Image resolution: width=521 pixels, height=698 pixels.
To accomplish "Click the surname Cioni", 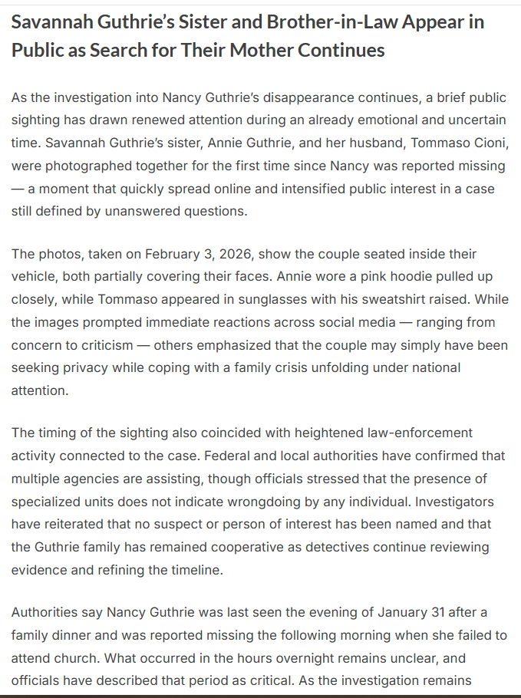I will (x=487, y=143).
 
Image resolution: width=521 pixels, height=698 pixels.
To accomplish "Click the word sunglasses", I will (x=243, y=300).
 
